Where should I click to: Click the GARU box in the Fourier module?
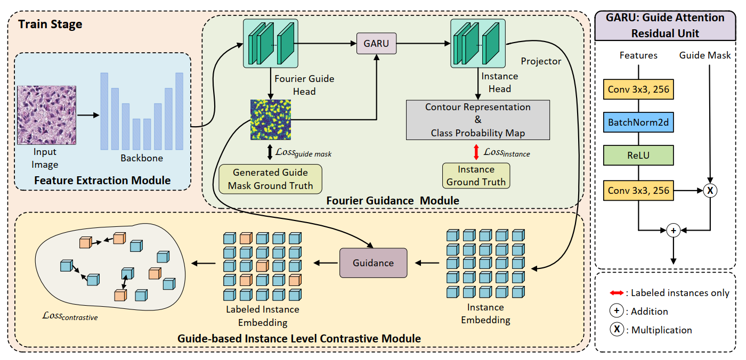pyautogui.click(x=377, y=43)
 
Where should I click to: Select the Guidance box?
pyautogui.click(x=373, y=263)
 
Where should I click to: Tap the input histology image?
pyautogui.click(x=47, y=116)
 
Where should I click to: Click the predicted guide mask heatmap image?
pyautogui.click(x=271, y=120)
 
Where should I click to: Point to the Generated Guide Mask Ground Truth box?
pyautogui.click(x=271, y=179)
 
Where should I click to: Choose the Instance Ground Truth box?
pyautogui.click(x=476, y=176)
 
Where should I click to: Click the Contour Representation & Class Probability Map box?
pyautogui.click(x=477, y=120)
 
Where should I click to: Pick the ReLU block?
pyautogui.click(x=638, y=156)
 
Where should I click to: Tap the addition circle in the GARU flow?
pyautogui.click(x=673, y=231)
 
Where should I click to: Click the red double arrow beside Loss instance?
pyautogui.click(x=476, y=152)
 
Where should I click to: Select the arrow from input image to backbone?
pyautogui.click(x=88, y=114)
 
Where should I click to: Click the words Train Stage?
pyautogui.click(x=50, y=24)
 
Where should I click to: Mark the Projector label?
pyautogui.click(x=541, y=61)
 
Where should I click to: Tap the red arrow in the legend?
pyautogui.click(x=617, y=293)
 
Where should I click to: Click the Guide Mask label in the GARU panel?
pyautogui.click(x=705, y=55)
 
